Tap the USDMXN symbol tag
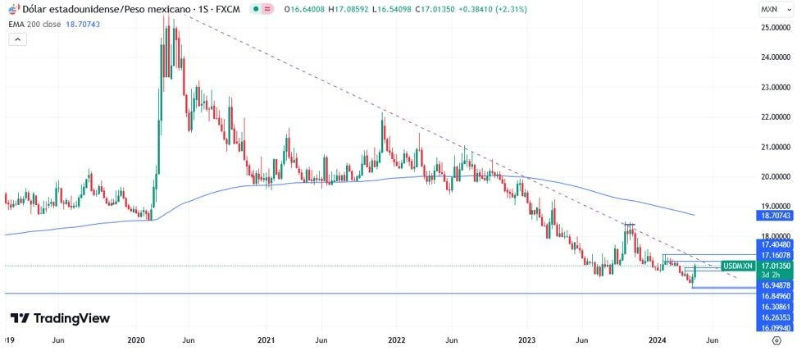738,267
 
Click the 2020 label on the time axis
136,339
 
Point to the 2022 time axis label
397,339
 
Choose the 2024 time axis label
657,339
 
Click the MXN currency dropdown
776,10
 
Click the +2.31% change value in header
487,10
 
